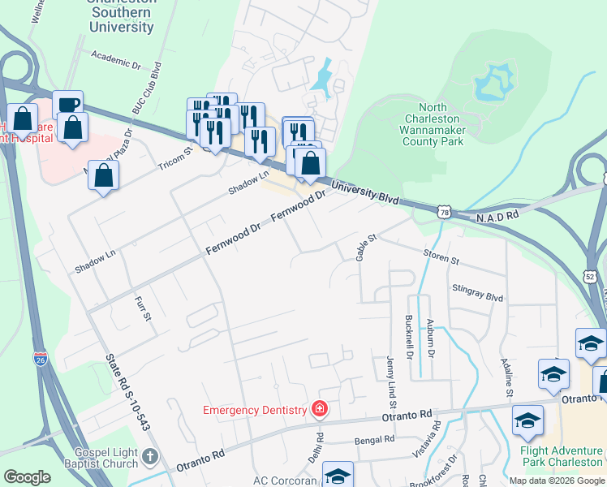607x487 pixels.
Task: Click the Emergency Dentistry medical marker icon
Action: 321,407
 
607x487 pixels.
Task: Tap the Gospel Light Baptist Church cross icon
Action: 149,458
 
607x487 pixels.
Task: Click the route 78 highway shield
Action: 443,211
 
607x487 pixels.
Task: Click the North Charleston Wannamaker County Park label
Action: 433,124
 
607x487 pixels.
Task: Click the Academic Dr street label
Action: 117,57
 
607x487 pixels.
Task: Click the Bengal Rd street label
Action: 375,440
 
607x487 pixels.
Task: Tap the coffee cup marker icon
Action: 68,106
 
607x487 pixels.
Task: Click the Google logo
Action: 27,477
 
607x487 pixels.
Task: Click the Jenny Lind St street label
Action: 391,381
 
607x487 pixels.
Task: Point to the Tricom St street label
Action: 177,157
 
